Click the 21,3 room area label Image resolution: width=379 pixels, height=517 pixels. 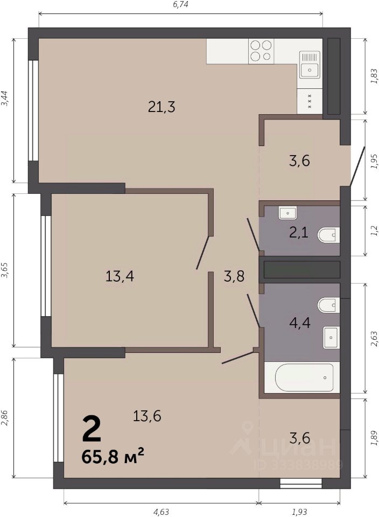point(162,107)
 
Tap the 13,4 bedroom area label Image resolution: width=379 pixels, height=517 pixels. point(120,276)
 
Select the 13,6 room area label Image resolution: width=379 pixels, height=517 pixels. point(147,416)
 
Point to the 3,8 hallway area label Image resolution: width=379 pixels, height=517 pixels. point(234,276)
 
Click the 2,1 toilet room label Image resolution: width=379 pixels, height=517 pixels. point(299,233)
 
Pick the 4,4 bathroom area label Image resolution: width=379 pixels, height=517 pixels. point(300,322)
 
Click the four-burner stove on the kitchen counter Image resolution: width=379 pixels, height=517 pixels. point(261,51)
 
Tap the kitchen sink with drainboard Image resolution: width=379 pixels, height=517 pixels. point(310,65)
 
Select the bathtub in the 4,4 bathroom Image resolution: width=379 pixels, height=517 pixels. point(302,378)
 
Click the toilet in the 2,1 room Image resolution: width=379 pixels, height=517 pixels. point(328,235)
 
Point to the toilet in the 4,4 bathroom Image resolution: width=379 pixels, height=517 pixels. point(328,306)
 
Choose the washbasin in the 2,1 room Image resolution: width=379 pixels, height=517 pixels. point(287,213)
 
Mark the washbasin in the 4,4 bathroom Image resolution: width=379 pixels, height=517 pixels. point(331,338)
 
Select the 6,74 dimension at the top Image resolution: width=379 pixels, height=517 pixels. point(180,4)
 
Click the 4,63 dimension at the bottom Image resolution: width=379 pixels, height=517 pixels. point(161,512)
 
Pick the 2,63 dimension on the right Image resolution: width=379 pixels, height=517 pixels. point(374,339)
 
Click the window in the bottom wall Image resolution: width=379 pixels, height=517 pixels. point(300,483)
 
